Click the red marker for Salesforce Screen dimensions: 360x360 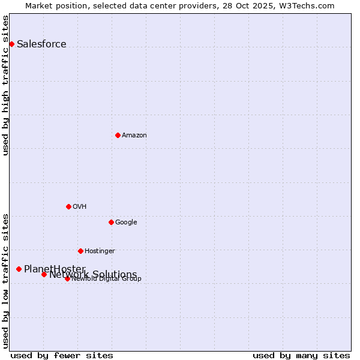pyautogui.click(x=11, y=44)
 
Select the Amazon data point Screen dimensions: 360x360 pyautogui.click(x=118, y=135)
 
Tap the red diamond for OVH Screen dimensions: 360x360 pyautogui.click(x=68, y=206)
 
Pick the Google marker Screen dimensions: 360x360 pyautogui.click(x=111, y=222)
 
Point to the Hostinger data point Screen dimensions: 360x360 pyautogui.click(x=80, y=251)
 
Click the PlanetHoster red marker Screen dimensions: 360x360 pyautogui.click(x=19, y=269)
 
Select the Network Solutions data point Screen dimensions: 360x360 pyautogui.click(x=44, y=274)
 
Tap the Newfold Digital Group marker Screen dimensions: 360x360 pyautogui.click(x=67, y=278)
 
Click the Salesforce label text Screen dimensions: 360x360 pyautogui.click(x=41, y=44)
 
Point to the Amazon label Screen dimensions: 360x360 pyautogui.click(x=134, y=135)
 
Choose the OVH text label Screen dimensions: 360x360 pyautogui.click(x=79, y=206)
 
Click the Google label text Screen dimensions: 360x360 pyautogui.click(x=126, y=222)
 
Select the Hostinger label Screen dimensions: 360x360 pyautogui.click(x=100, y=251)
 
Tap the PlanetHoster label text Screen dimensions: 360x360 pyautogui.click(x=55, y=268)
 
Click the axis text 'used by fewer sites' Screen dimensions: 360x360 pyautogui.click(x=62, y=355)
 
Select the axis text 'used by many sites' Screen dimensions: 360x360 pyautogui.click(x=301, y=355)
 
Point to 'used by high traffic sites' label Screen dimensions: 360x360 pyautogui.click(x=5, y=85)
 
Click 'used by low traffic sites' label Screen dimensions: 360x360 pyautogui.click(x=5, y=281)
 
